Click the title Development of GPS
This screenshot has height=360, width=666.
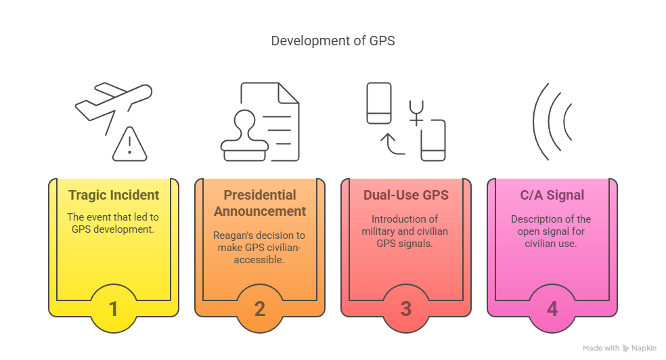pos(333,41)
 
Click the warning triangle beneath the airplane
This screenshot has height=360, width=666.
pos(129,144)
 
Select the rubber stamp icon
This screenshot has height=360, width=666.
pos(244,136)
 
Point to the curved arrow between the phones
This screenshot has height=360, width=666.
pos(392,145)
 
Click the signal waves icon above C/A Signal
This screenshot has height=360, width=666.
pos(552,121)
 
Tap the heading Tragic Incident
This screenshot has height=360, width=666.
pos(114,195)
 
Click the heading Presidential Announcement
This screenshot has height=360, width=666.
pos(260,203)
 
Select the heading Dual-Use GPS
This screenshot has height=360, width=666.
pos(406,195)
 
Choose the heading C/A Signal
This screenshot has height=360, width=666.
pos(552,195)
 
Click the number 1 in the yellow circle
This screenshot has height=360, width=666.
pos(113,309)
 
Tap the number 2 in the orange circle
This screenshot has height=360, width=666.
pos(260,309)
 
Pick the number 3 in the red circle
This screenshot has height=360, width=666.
pos(406,309)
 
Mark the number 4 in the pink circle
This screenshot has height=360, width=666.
pos(552,309)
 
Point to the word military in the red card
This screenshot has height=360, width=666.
pos(377,231)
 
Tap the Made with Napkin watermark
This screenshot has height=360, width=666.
pos(619,348)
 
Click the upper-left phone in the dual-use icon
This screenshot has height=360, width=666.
pos(379,103)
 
